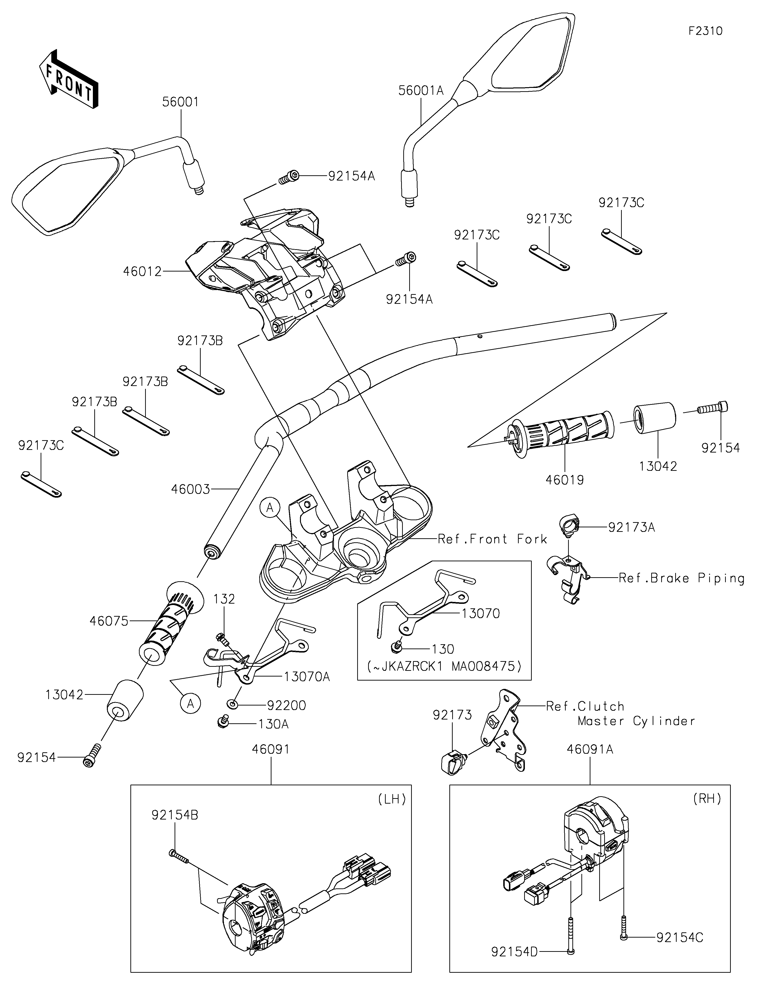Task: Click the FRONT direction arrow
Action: (x=68, y=79)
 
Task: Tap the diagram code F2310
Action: (x=705, y=31)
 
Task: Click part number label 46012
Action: (x=142, y=272)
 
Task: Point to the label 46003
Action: (x=190, y=489)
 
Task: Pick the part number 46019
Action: (x=565, y=480)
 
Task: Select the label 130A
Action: (x=273, y=724)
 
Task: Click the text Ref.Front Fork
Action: (x=492, y=539)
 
